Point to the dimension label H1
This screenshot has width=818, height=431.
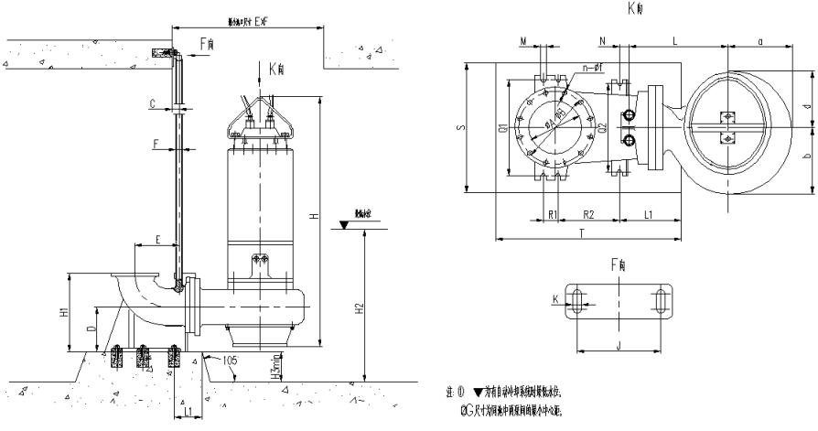point(63,311)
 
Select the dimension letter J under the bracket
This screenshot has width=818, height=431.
point(619,345)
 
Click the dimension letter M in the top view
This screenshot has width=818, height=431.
point(522,40)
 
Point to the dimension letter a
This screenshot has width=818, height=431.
point(761,40)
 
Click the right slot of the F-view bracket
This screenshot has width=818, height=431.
point(661,302)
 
